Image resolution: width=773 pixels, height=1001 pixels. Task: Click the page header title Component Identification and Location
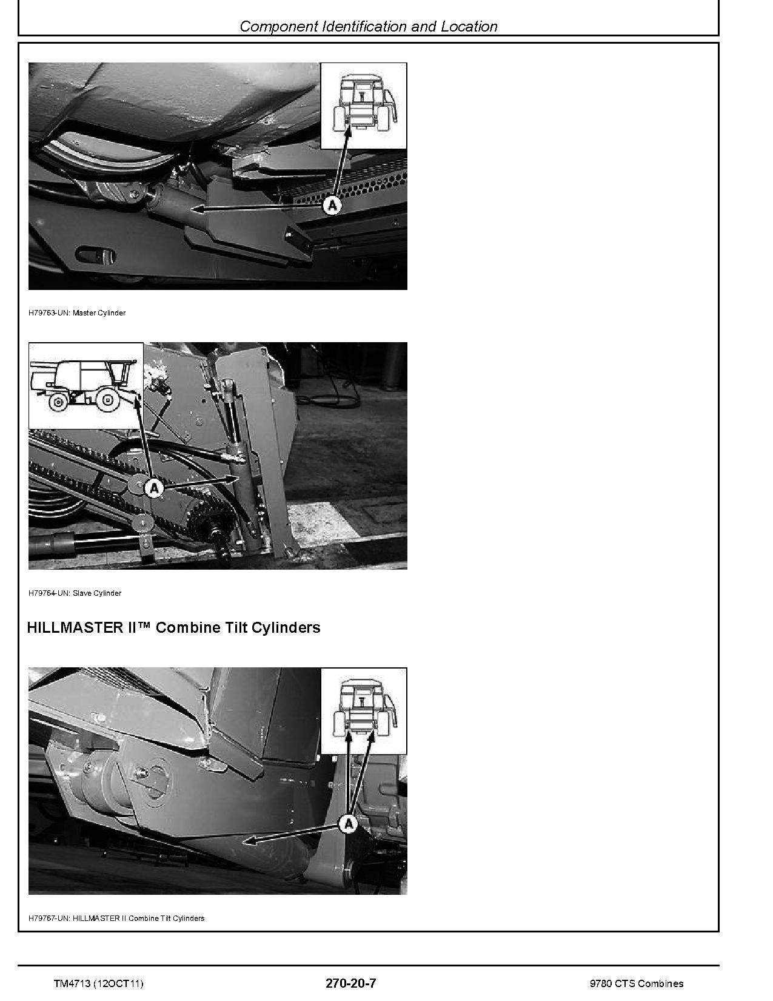tap(369, 26)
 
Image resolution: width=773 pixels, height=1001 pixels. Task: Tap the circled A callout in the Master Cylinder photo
tap(332, 205)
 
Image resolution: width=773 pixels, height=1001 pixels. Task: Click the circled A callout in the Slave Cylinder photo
tap(155, 487)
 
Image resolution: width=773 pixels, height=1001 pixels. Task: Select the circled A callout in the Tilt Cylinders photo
tap(348, 824)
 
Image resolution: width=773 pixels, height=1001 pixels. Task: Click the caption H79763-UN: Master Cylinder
tap(77, 313)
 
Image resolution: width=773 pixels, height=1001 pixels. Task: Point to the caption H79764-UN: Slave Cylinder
tap(75, 593)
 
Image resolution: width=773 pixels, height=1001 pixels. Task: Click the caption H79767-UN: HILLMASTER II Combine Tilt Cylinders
tap(116, 918)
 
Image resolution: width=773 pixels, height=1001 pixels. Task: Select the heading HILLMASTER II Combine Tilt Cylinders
tap(173, 627)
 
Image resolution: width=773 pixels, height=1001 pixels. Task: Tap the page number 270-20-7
tap(350, 983)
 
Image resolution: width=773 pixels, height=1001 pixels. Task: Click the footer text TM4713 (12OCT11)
tap(99, 983)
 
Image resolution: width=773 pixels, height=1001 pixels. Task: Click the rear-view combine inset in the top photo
tap(363, 106)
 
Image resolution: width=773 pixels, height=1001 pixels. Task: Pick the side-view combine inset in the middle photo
tap(86, 386)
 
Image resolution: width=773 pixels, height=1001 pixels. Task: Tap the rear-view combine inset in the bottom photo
tap(363, 711)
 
